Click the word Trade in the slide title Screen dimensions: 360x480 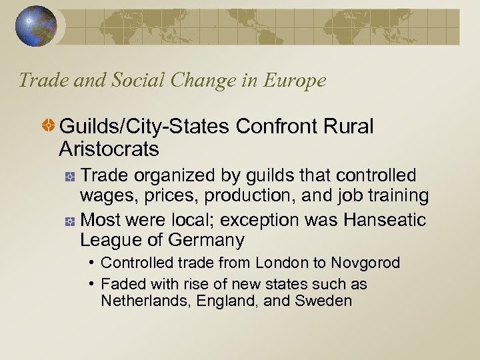click(x=41, y=81)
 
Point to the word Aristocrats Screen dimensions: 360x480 click(x=109, y=149)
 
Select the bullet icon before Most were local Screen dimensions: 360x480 click(x=69, y=220)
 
